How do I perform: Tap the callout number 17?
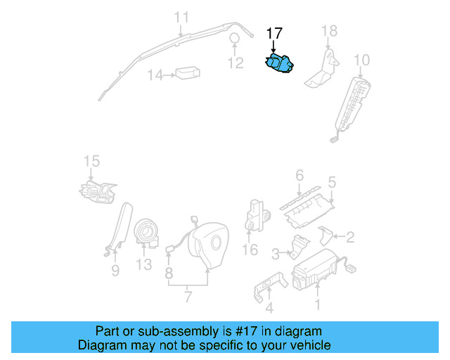coord(274,33)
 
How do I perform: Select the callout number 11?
coord(181,17)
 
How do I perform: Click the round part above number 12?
coord(235,39)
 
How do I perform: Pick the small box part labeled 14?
coord(186,73)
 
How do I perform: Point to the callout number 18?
coord(329,30)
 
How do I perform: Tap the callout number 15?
coord(91,162)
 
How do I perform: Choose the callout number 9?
coord(115,270)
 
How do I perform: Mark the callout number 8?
coord(169,271)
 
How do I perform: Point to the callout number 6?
coord(299,175)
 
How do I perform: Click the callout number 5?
coord(331,181)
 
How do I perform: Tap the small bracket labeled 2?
coord(326,235)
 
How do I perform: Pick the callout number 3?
coord(276,252)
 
